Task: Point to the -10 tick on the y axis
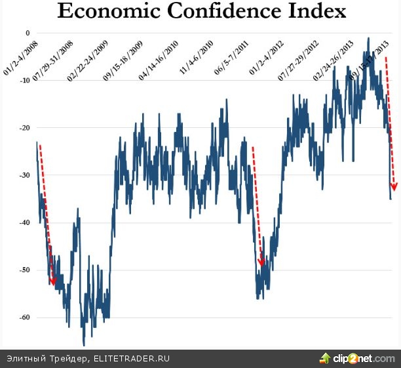25,81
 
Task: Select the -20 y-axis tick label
25,128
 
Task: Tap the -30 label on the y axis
25,175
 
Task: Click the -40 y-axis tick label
25,223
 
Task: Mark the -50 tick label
25,270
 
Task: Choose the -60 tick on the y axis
25,317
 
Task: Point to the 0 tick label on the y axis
28,33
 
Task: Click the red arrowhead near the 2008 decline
54,281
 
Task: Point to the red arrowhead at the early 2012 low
261,262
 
